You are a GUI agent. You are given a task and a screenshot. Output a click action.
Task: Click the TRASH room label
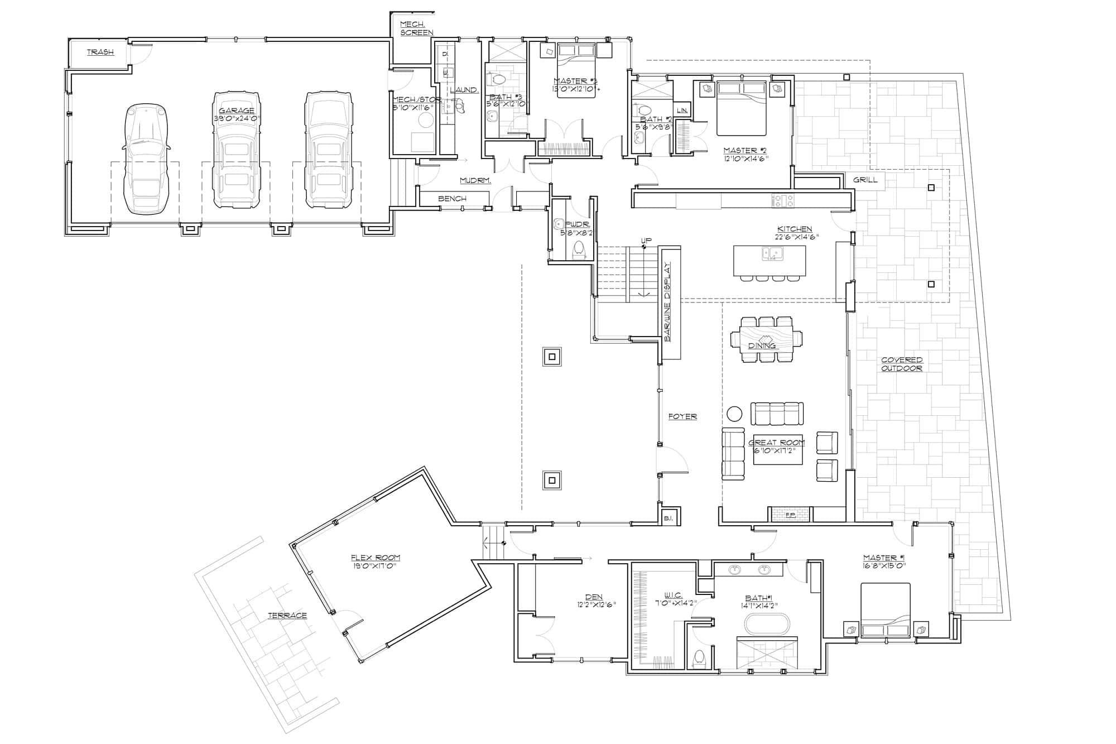pos(100,52)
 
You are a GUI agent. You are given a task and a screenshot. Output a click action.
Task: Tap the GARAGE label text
pos(237,111)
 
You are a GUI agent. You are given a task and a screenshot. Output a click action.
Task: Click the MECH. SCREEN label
pos(416,28)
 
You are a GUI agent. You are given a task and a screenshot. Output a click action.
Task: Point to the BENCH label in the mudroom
pos(452,199)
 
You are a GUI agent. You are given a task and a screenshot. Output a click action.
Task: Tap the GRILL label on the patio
pos(865,180)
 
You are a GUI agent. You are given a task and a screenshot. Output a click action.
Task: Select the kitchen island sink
pos(773,254)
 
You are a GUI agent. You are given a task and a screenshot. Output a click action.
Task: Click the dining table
pos(766,339)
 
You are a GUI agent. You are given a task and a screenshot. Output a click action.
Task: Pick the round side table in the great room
pos(734,414)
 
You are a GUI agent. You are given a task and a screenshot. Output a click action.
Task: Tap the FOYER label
pos(682,416)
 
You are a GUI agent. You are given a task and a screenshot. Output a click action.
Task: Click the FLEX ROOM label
pos(375,558)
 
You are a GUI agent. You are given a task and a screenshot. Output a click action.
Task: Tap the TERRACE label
pos(287,616)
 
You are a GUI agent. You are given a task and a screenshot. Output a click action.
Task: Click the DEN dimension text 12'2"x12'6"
pos(596,604)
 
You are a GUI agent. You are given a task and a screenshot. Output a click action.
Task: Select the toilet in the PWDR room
pos(579,251)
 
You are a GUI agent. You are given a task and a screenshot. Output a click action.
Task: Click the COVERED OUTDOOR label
pos(902,364)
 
